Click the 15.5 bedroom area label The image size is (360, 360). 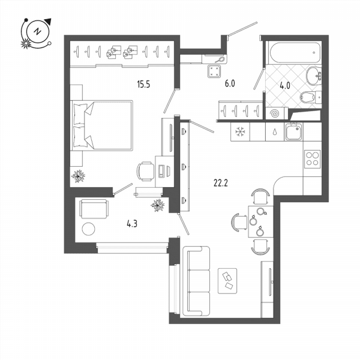tap(143, 84)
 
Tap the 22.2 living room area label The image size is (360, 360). tap(220, 183)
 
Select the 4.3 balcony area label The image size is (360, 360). tap(132, 223)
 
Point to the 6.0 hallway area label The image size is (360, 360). tap(230, 83)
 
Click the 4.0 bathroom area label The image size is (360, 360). tap(285, 86)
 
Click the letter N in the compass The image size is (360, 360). tap(37, 31)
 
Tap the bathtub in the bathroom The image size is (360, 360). tap(295, 53)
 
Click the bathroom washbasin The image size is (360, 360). tap(314, 76)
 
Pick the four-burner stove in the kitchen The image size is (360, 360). tap(312, 159)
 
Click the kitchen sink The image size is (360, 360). tap(294, 131)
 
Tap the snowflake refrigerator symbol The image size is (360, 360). tap(240, 132)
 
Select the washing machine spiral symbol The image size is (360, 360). tap(275, 113)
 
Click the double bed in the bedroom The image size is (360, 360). tap(102, 125)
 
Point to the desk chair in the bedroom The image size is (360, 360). tap(145, 171)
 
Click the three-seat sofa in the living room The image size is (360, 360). tap(196, 281)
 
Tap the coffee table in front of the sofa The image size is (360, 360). tap(227, 281)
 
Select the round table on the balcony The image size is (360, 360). tap(88, 229)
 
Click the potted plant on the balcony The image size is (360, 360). tap(157, 205)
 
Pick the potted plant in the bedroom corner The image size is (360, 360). tap(78, 176)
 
